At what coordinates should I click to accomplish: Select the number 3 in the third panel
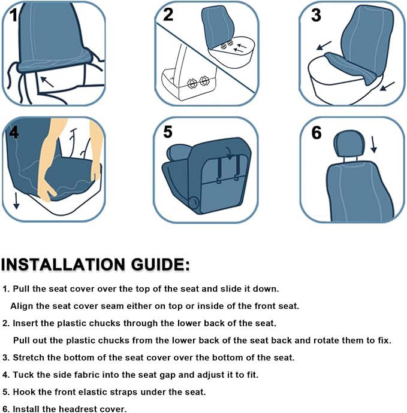coord(316,16)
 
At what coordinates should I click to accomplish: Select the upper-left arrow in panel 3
coord(323,45)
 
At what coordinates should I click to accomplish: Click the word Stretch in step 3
coord(29,358)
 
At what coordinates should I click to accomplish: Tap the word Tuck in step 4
coord(23,375)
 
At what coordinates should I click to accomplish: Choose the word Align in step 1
coord(22,306)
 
